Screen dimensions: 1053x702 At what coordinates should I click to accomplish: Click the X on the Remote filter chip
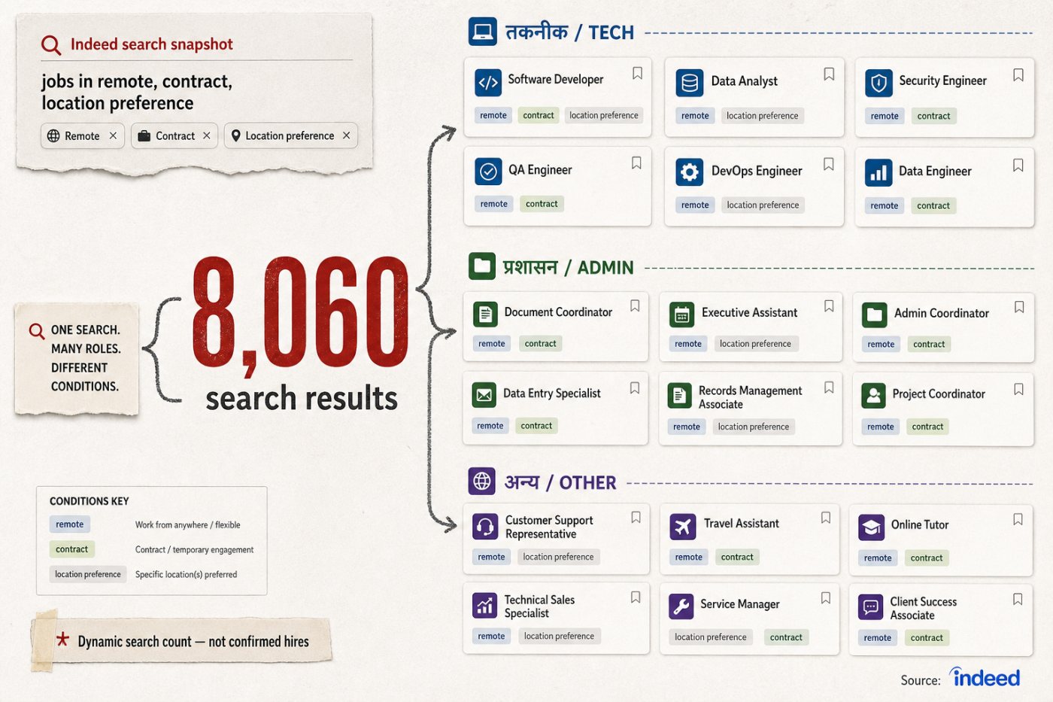point(113,135)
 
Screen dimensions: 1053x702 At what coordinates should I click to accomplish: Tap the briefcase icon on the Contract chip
point(144,136)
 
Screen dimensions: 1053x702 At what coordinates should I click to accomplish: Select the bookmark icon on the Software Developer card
point(637,73)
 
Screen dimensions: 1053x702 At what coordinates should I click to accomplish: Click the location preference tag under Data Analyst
point(762,116)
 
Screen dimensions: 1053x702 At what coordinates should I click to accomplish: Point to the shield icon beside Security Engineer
point(879,84)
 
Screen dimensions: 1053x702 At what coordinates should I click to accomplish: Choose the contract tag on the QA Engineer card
point(542,204)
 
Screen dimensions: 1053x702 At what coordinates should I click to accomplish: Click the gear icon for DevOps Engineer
point(689,172)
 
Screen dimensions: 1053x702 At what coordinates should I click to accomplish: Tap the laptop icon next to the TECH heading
point(482,32)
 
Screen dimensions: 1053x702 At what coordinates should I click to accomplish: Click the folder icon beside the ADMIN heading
point(482,266)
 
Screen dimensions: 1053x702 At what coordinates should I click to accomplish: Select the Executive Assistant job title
point(749,312)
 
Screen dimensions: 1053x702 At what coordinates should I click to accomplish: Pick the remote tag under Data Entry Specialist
point(490,426)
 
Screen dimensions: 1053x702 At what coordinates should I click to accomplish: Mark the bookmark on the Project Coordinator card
point(1018,389)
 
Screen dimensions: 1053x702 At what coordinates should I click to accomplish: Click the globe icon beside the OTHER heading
point(482,481)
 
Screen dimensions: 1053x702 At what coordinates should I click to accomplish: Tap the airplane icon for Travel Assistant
point(683,526)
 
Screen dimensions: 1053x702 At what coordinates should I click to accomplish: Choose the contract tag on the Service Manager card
point(786,637)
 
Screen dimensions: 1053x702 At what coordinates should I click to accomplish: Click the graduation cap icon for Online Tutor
point(872,527)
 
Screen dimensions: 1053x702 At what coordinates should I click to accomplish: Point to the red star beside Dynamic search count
point(62,639)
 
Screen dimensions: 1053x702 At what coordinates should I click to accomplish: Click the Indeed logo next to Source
point(985,677)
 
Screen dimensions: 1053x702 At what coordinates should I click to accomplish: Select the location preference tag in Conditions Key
point(88,574)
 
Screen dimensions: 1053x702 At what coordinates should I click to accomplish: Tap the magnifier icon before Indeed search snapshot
point(51,45)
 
